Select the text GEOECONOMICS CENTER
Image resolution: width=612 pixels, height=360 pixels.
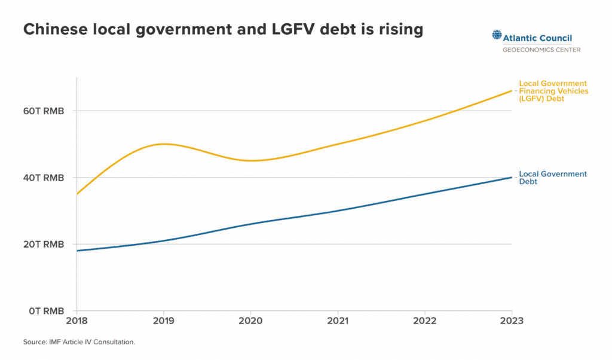click(x=541, y=49)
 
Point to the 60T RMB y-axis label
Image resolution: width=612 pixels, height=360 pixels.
click(x=44, y=111)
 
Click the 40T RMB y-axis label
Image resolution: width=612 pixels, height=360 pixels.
click(x=44, y=178)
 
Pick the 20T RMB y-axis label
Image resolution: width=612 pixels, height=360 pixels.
click(x=44, y=244)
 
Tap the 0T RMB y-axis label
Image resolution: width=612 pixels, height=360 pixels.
click(x=47, y=311)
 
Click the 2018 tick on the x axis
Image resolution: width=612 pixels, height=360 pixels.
click(x=76, y=321)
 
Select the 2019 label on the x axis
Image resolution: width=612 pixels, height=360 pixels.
click(x=163, y=321)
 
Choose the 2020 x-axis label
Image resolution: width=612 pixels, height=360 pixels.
click(x=250, y=321)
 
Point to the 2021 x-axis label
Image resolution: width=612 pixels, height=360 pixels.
click(x=338, y=321)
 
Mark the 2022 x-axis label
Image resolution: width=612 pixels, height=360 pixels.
click(x=424, y=321)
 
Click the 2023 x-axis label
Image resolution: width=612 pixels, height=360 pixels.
click(x=512, y=321)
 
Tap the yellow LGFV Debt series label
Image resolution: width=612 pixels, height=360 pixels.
click(x=553, y=91)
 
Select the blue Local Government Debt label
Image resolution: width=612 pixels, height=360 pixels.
click(x=553, y=178)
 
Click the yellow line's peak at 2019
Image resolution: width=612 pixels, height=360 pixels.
click(x=163, y=144)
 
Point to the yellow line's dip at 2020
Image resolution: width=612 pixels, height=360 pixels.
click(x=250, y=160)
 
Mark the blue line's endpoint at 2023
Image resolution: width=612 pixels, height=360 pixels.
click(x=512, y=177)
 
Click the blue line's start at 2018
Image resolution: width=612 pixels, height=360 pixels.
click(x=76, y=251)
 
